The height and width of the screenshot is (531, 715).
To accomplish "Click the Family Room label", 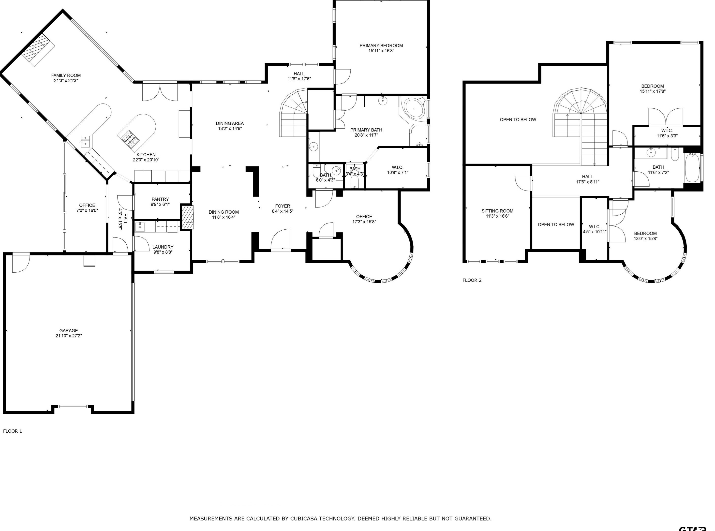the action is (66, 75).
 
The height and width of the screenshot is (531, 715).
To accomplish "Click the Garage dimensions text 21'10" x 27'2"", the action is (69, 336).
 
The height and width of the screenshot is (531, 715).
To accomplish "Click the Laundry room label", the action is (163, 247).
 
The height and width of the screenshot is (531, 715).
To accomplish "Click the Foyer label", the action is (283, 206).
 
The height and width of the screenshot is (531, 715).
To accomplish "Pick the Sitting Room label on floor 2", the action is (497, 211).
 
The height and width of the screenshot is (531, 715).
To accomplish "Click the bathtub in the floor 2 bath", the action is (692, 168).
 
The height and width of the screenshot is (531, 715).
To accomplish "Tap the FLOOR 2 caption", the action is (472, 280).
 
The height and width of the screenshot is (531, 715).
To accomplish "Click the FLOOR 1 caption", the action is (13, 431).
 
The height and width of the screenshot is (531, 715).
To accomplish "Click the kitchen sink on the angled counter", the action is (86, 141).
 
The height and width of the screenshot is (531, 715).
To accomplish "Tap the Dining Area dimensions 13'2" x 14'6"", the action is (230, 129).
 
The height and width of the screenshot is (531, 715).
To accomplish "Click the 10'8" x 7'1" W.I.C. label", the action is (398, 173).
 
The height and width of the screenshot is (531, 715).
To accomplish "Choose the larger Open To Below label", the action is (518, 119).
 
